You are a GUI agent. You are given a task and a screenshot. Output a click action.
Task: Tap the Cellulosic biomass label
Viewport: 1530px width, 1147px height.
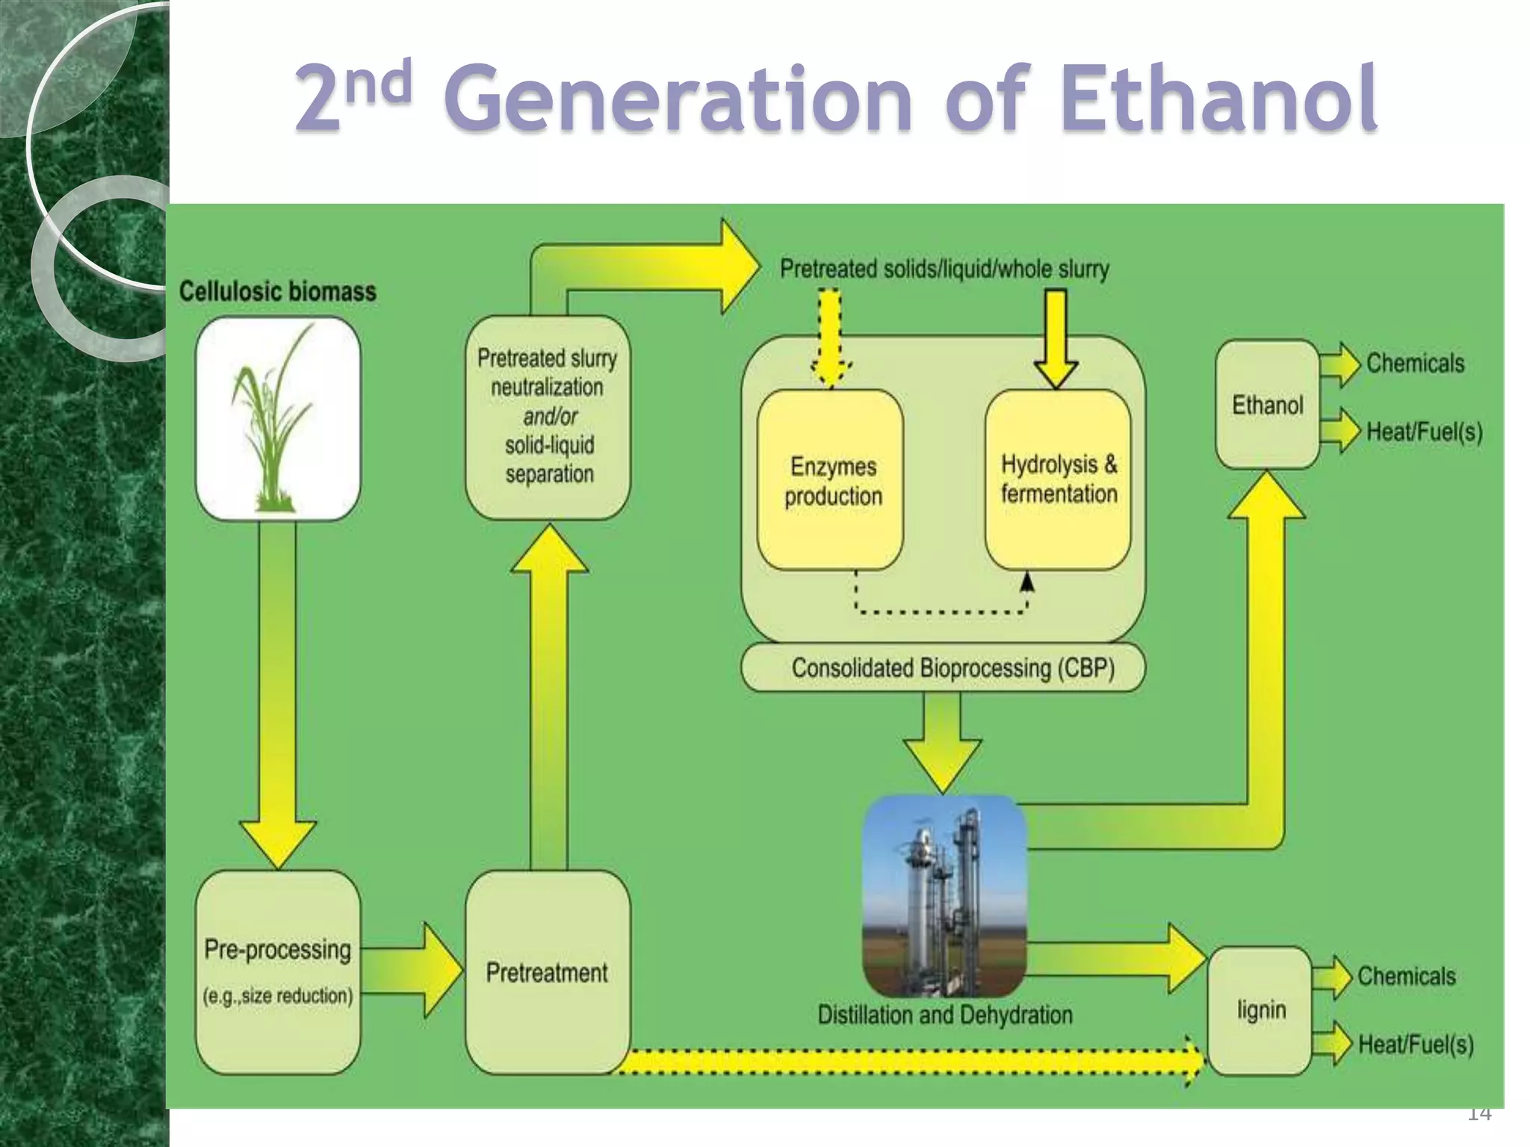pos(277,291)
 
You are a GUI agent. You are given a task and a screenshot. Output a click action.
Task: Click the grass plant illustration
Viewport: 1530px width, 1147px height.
pos(277,418)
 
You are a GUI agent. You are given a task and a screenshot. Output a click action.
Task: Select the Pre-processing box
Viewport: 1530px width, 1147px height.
pos(277,971)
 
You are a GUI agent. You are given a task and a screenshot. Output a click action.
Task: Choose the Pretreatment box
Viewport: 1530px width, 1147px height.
pos(547,972)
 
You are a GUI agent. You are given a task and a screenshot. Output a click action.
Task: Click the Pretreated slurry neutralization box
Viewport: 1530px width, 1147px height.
pos(548,416)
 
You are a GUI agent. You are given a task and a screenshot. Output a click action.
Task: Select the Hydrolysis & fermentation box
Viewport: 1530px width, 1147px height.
pos(1058,479)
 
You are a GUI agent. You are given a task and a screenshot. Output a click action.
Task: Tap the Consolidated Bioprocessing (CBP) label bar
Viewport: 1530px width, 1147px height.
pos(944,668)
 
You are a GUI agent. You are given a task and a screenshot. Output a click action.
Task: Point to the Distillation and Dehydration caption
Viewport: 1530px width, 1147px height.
pos(944,1015)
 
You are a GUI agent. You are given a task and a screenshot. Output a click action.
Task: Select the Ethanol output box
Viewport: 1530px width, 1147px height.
pos(1267,405)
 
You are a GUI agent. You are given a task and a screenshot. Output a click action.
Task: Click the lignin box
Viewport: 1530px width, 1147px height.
pos(1260,1010)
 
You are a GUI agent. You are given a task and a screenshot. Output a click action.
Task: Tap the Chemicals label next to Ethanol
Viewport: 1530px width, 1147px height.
pos(1415,363)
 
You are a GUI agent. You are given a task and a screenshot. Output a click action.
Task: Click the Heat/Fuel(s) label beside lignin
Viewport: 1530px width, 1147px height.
pos(1416,1044)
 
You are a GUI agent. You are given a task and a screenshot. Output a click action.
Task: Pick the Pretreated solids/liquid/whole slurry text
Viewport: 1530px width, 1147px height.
pos(944,269)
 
